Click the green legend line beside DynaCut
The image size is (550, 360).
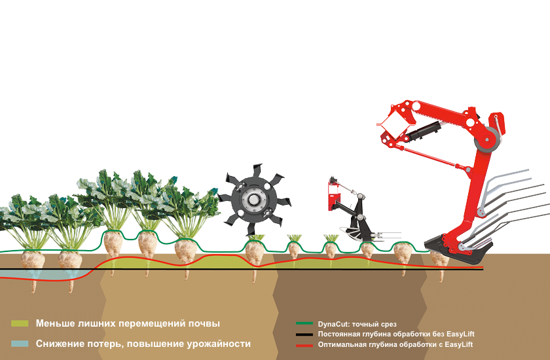(304, 323)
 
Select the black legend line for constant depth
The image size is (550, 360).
(304, 334)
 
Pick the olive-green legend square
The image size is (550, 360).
(20, 323)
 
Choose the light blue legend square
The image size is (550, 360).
(20, 344)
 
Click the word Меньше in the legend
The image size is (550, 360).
(55, 323)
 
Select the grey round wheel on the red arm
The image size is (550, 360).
(487, 140)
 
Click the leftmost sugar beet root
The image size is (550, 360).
(33, 268)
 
